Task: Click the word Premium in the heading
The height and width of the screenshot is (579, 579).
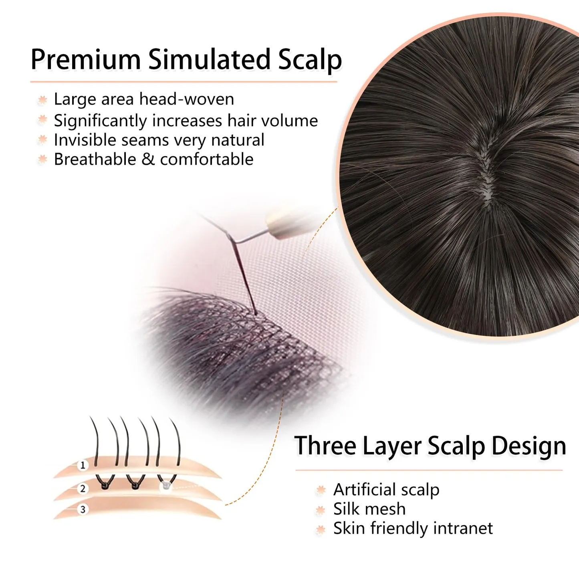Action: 86,59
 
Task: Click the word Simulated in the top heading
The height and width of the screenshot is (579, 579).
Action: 209,59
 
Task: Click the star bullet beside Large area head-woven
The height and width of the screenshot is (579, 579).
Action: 42,100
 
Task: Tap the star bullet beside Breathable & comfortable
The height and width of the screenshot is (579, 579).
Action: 42,159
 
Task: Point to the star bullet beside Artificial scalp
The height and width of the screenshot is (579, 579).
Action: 321,490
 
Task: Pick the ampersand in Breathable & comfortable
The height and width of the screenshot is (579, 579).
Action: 148,159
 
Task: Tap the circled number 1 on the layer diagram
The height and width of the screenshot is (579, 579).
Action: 83,466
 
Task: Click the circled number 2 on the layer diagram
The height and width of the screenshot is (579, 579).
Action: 83,488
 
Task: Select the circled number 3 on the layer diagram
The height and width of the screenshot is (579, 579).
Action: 83,509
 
